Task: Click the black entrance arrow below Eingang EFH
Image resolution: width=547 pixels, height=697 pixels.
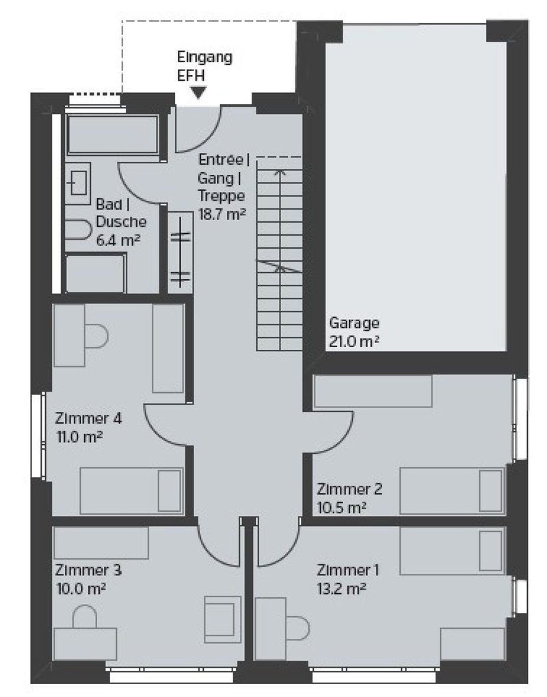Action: coord(198,92)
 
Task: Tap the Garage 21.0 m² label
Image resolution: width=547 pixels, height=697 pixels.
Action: coord(354,332)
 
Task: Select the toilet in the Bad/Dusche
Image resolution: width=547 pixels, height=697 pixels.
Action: coord(78,230)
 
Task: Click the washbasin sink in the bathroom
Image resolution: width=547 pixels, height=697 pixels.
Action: coord(78,184)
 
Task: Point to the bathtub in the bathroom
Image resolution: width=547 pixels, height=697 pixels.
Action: coord(113,134)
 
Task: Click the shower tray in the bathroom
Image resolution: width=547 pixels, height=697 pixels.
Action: coord(96,273)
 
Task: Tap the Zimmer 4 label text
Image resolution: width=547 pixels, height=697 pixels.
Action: coord(88,418)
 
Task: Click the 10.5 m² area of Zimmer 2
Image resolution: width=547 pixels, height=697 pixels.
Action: coord(341,507)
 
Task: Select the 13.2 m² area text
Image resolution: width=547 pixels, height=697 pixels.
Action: coord(341,588)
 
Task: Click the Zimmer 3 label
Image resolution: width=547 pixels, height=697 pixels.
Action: coord(88,570)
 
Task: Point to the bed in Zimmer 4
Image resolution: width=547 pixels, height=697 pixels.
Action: coord(132,491)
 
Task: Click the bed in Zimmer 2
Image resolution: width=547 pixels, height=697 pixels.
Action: coord(452,491)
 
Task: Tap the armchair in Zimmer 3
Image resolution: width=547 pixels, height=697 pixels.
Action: coord(222,619)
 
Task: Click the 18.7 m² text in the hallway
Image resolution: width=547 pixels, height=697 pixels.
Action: coord(222,215)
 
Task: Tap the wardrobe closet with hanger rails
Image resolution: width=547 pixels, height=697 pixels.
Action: coord(180,252)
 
